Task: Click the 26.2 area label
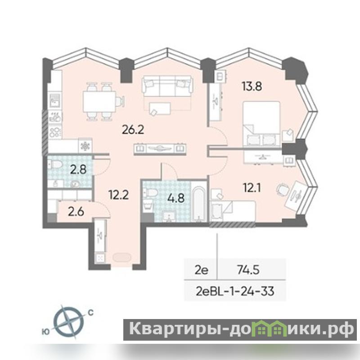coord(133,130)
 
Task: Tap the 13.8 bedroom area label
coord(252,86)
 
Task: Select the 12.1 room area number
coord(252,188)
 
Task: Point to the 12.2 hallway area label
coord(118,195)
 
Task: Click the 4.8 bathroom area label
coord(176,198)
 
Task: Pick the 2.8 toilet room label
coord(78,170)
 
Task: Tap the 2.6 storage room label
coord(76,211)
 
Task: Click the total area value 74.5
coord(248,270)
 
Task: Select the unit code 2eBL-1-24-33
coord(235,291)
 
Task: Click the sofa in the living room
coord(167,86)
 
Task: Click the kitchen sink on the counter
coord(54,101)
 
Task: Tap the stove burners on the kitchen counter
coord(55,132)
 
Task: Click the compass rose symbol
coord(69,321)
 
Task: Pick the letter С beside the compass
coord(91,313)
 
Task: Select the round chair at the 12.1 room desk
coord(283,189)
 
